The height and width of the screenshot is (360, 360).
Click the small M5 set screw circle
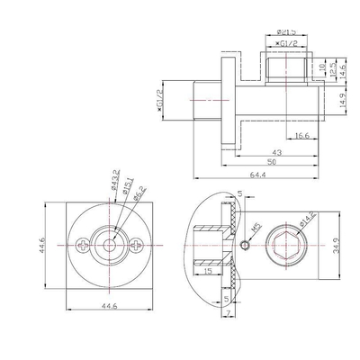(244, 246)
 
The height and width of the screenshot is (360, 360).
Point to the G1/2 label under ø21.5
(287, 42)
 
